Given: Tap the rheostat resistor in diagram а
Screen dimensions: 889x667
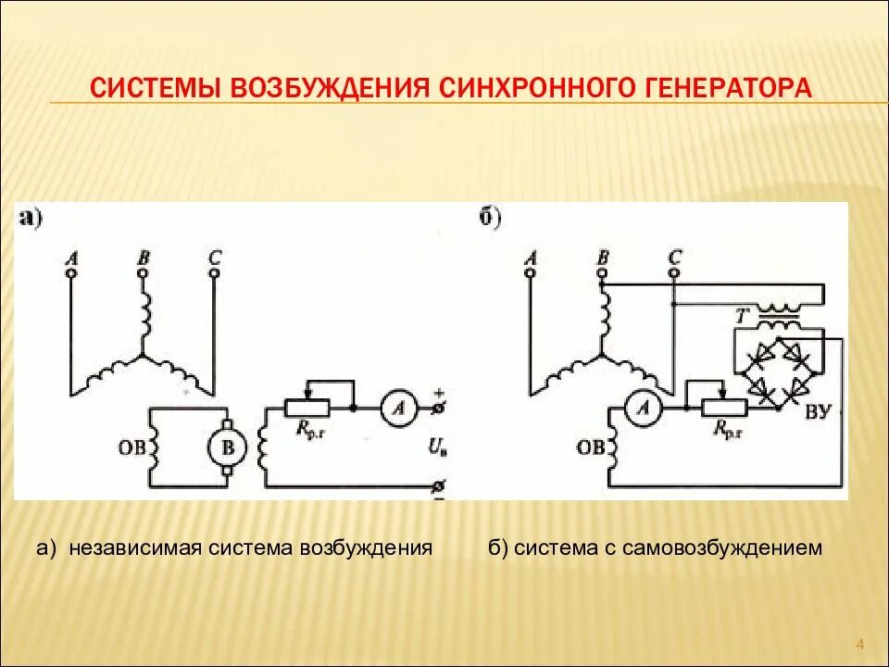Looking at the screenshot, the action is pos(307,409).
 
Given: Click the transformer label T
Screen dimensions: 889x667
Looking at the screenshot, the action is pos(740,315).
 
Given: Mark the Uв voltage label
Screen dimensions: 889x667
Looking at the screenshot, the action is pos(436,448).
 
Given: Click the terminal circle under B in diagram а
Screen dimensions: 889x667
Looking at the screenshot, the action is pos(143,274).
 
